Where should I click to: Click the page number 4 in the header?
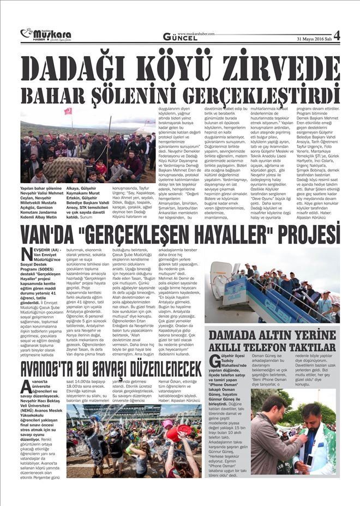click(x=337, y=36)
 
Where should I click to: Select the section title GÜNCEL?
click(x=181, y=37)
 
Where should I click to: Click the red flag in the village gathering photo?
click(x=68, y=111)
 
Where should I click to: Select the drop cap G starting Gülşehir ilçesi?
click(x=215, y=360)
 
